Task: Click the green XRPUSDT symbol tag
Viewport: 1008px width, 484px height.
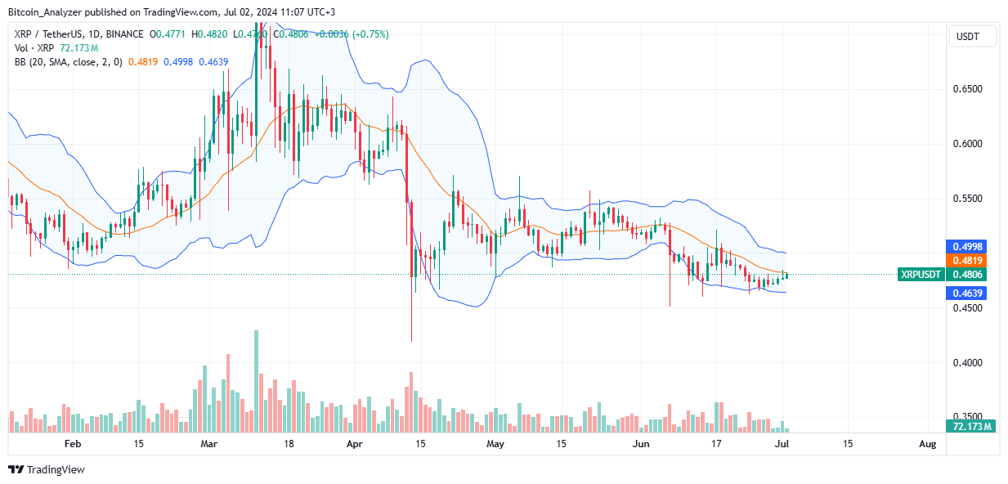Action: [920, 275]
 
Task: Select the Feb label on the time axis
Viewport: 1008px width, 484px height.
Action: [73, 444]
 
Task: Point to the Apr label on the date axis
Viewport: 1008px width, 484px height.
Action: [354, 444]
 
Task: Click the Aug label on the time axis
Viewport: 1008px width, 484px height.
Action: [926, 444]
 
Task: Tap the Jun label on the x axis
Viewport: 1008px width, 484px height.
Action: [642, 444]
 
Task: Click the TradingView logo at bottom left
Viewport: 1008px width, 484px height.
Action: [47, 469]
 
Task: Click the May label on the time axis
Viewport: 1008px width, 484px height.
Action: [495, 444]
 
